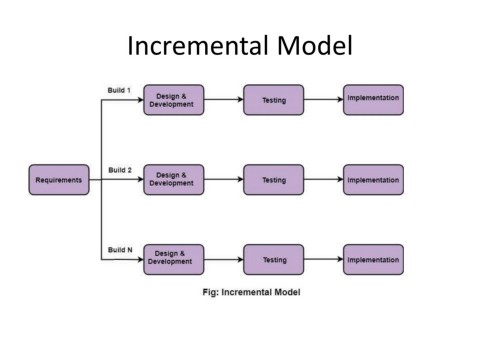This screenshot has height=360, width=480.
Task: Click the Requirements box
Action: [60, 180]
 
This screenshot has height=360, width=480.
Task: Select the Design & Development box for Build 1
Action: [173, 100]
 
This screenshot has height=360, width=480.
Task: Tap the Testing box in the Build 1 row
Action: [274, 100]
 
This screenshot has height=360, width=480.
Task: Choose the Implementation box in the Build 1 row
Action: [373, 100]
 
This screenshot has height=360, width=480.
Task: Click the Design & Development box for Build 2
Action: [173, 180]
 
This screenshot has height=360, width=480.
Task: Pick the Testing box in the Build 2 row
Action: [274, 180]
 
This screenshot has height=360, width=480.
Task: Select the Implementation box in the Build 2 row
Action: [373, 180]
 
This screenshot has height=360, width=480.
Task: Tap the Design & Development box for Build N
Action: [173, 260]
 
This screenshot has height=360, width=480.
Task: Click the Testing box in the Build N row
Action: [274, 260]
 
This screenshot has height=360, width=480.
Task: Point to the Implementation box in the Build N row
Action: [373, 260]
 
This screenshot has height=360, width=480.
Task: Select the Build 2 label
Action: [120, 171]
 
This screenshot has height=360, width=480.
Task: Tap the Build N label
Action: [120, 250]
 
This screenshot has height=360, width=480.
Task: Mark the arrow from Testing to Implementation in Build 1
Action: [323, 100]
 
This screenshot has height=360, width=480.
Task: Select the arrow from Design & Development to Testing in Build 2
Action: [223, 180]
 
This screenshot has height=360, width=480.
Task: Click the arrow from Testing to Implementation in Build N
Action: [323, 260]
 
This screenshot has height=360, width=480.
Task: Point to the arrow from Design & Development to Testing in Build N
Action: [223, 260]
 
